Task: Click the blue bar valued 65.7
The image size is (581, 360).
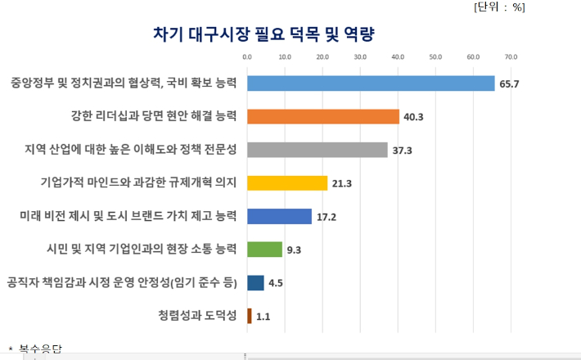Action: (x=371, y=83)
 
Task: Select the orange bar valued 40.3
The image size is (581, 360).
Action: (x=323, y=116)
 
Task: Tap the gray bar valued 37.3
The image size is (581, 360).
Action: (x=318, y=150)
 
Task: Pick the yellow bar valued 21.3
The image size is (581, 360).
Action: (x=287, y=183)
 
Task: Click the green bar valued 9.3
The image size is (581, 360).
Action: (x=264, y=250)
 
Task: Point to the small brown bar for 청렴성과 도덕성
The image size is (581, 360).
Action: (x=250, y=316)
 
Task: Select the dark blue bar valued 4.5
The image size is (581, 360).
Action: (x=255, y=283)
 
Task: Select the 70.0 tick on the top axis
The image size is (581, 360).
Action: (x=511, y=57)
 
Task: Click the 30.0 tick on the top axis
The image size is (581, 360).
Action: (x=360, y=57)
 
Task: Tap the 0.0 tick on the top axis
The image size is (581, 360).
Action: (x=247, y=57)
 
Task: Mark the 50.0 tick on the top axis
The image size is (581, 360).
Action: (x=435, y=57)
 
